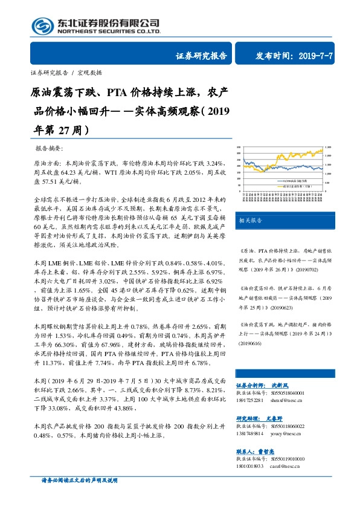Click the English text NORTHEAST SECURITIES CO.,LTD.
coord(109,32)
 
